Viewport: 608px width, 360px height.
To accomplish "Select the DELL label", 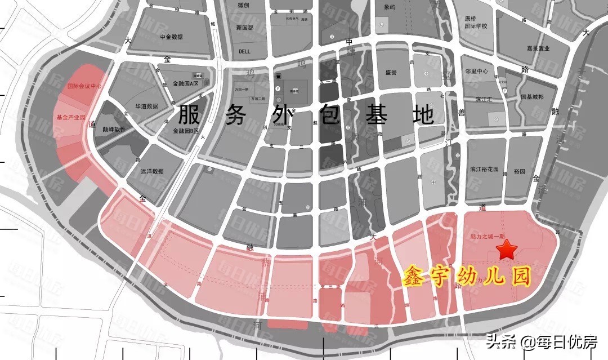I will pyautogui.click(x=244, y=51).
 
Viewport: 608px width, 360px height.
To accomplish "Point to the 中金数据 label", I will pyautogui.click(x=171, y=37).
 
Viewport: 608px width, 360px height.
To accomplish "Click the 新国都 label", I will pyautogui.click(x=245, y=28).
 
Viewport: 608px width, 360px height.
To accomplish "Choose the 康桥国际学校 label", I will pyautogui.click(x=476, y=21).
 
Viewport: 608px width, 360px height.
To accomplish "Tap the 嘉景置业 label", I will pyautogui.click(x=538, y=48).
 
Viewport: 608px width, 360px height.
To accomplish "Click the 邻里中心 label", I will pyautogui.click(x=476, y=72).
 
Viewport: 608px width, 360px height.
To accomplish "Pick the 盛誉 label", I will pyautogui.click(x=391, y=73).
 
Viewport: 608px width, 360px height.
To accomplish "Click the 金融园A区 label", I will pyautogui.click(x=186, y=83).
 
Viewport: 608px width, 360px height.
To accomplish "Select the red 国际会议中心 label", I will pyautogui.click(x=84, y=87).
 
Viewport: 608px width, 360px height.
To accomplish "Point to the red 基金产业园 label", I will pyautogui.click(x=70, y=118).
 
